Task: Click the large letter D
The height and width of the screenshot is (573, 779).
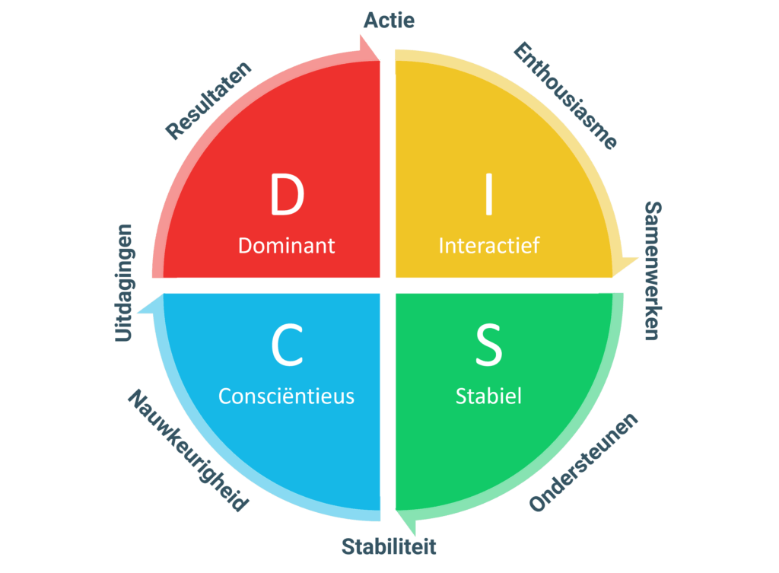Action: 287,195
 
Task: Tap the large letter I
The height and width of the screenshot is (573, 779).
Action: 489,195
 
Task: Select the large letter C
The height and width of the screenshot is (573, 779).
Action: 287,345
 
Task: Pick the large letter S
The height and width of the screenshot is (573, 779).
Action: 489,345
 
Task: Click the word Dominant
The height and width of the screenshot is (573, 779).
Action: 287,246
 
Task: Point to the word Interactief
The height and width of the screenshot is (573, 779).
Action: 489,246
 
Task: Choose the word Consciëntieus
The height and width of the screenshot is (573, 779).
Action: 287,396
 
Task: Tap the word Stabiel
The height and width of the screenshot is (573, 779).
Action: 489,396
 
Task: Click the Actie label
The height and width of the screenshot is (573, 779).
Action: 389,21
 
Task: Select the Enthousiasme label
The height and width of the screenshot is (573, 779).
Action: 565,96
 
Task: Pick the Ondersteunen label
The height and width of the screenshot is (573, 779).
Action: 583,463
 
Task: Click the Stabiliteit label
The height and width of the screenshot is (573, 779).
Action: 389,546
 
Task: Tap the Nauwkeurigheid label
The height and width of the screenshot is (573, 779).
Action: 188,450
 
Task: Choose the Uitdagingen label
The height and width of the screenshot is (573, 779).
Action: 124,282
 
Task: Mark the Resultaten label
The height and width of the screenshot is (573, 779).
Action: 208,100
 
